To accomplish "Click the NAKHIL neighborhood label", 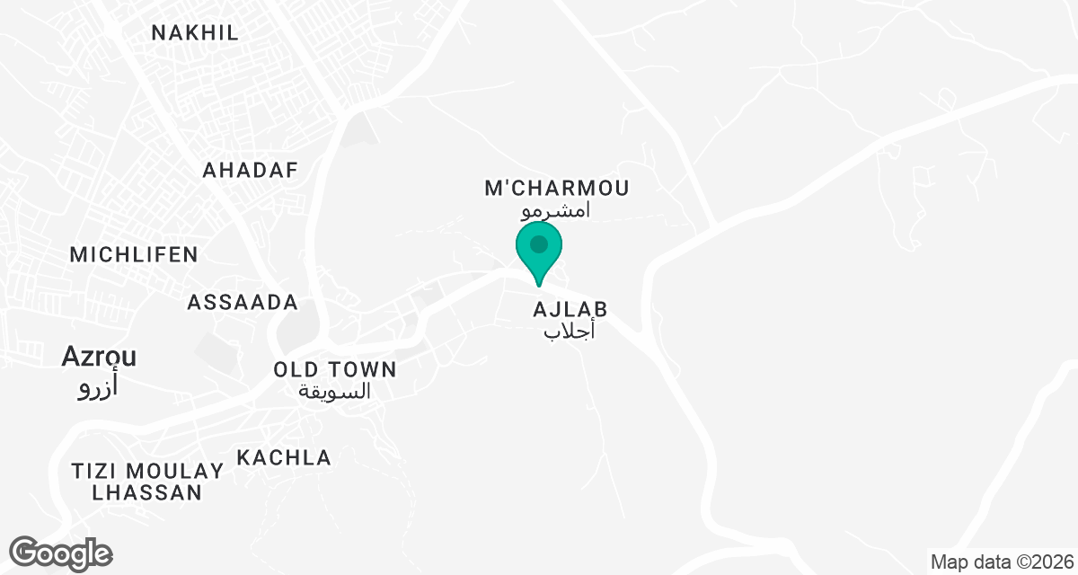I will (x=195, y=33).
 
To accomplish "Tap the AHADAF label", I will (x=250, y=171).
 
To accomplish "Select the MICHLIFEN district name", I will (x=134, y=254).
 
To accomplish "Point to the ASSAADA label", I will (x=243, y=303).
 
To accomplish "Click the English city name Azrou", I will (x=99, y=357).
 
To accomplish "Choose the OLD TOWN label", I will (x=335, y=369).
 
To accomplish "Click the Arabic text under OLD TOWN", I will (x=335, y=392).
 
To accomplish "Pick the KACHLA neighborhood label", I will (x=284, y=457).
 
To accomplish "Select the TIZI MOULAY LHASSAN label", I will (x=147, y=482).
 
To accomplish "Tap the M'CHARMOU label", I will (x=557, y=189).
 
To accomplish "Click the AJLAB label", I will (x=570, y=309).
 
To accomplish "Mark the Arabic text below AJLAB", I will (x=570, y=332).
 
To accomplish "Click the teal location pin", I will (x=539, y=252).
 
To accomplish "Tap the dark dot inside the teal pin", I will (x=539, y=244).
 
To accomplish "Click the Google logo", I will (x=61, y=553).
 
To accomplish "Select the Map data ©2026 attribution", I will (x=1002, y=562).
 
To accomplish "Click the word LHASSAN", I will (x=147, y=492).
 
